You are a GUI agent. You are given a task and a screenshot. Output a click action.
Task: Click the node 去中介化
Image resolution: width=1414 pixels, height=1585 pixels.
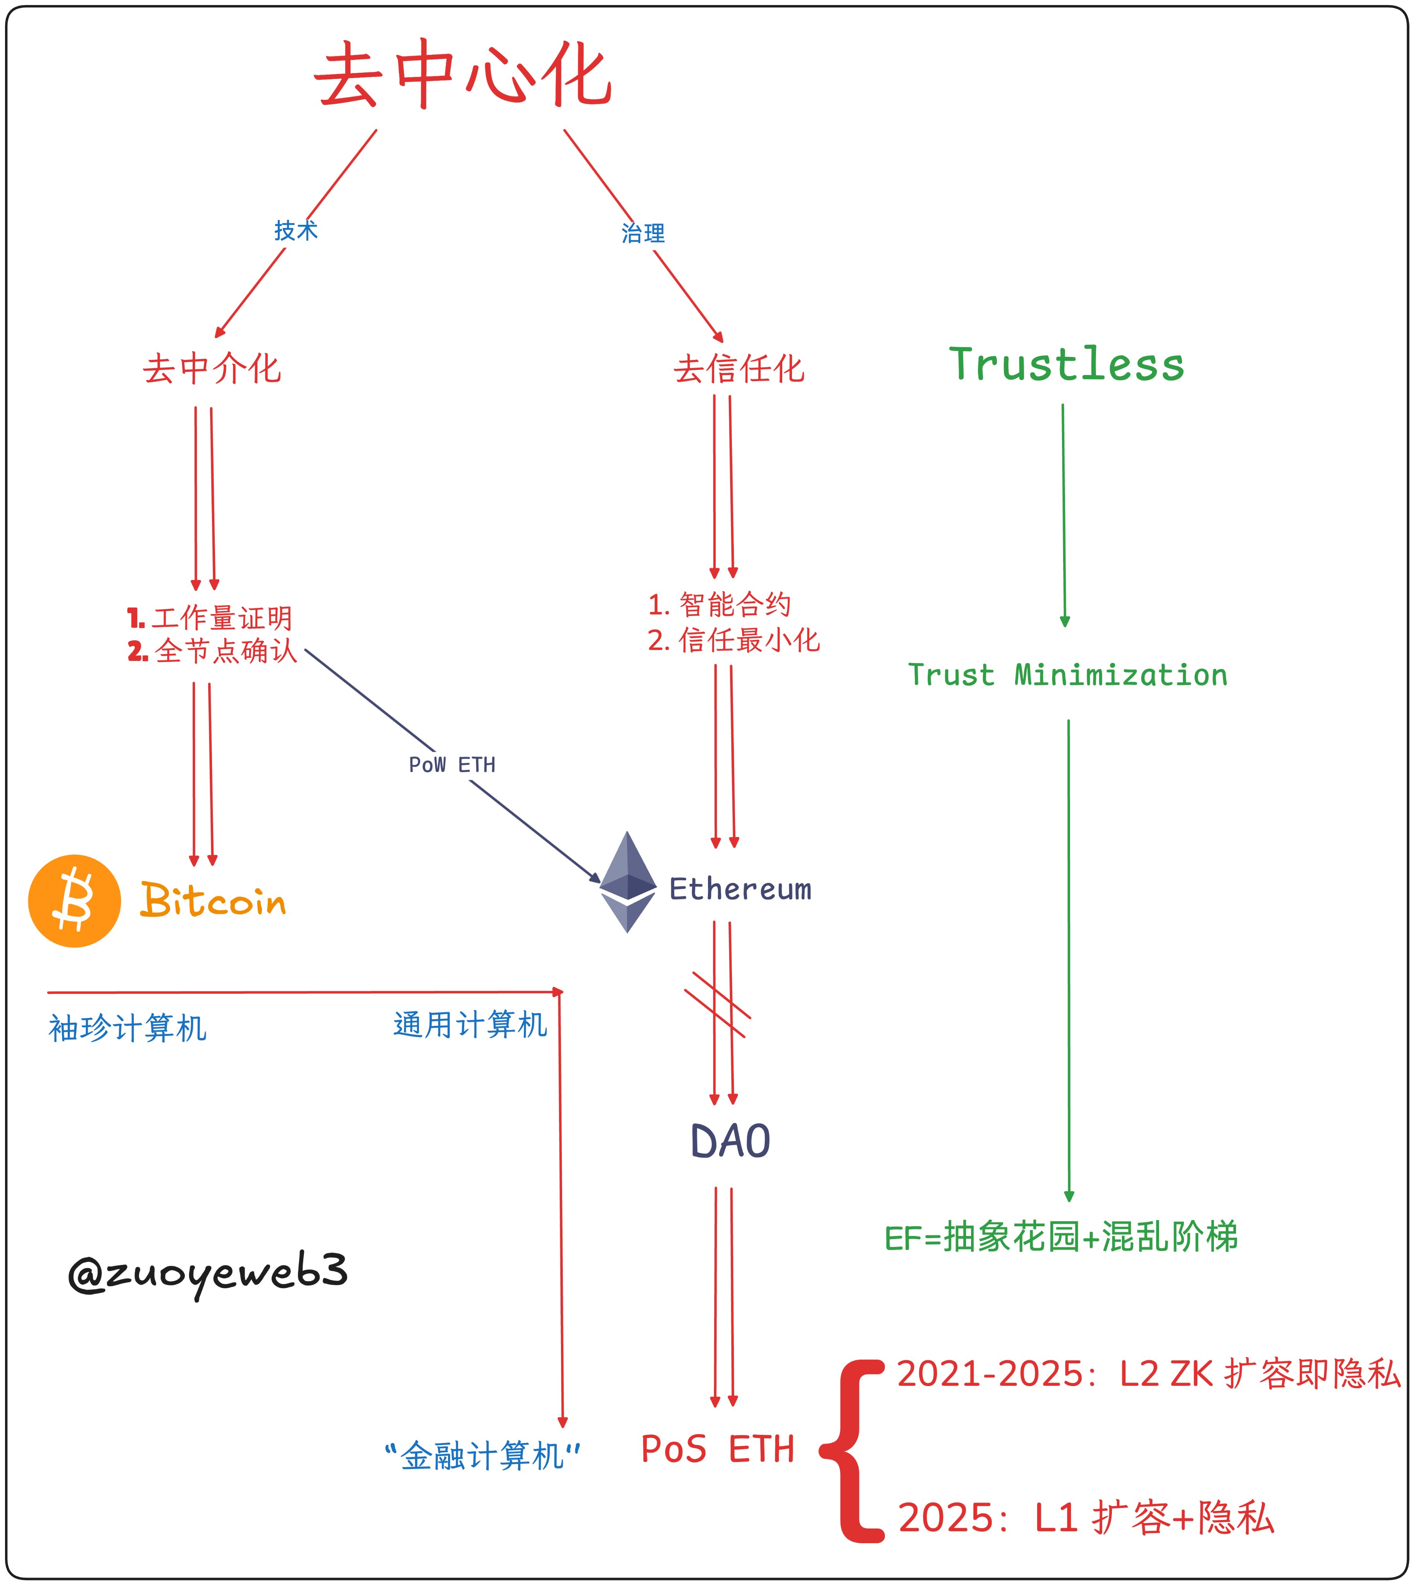[211, 368]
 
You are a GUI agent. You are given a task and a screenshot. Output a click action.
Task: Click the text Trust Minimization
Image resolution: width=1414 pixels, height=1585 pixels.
[1067, 675]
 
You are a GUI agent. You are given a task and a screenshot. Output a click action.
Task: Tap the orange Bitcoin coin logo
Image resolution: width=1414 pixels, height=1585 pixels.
[75, 901]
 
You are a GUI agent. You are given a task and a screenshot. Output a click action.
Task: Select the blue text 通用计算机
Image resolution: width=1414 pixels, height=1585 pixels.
[470, 1025]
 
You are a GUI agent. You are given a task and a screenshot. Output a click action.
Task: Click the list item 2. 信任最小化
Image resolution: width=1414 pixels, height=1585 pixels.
[734, 640]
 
